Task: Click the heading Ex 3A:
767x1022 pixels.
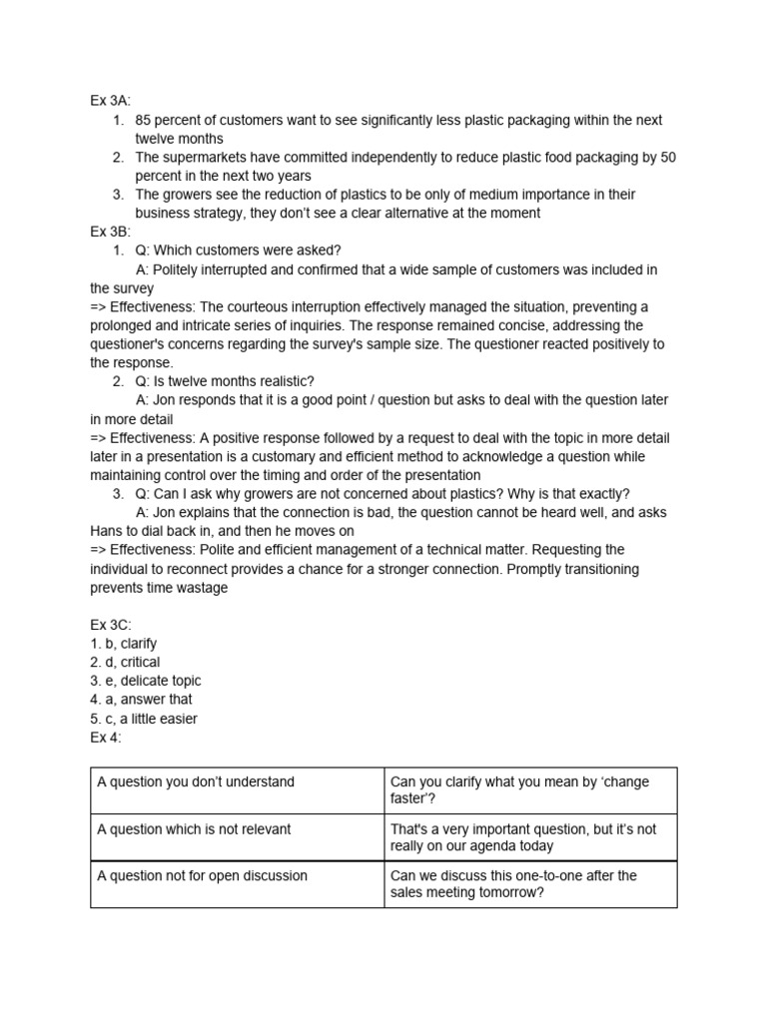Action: click(x=111, y=101)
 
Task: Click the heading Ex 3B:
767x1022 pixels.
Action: click(x=111, y=232)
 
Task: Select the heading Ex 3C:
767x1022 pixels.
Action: click(x=111, y=625)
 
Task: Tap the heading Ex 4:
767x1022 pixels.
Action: click(x=105, y=738)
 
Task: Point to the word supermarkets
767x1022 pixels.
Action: click(x=205, y=158)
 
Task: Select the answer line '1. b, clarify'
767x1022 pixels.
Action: click(x=124, y=644)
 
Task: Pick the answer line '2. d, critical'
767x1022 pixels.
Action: click(x=125, y=663)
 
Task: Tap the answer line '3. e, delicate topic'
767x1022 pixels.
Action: click(x=146, y=681)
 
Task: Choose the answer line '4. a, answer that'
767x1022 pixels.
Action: click(x=141, y=700)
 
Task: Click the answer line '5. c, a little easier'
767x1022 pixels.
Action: click(x=144, y=719)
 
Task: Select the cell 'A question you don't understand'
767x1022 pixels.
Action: click(x=196, y=781)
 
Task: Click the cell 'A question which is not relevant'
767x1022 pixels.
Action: click(x=194, y=828)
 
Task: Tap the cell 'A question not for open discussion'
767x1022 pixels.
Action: click(x=202, y=875)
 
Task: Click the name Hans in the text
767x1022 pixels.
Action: click(x=109, y=531)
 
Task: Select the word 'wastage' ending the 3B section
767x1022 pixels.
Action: click(x=202, y=588)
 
